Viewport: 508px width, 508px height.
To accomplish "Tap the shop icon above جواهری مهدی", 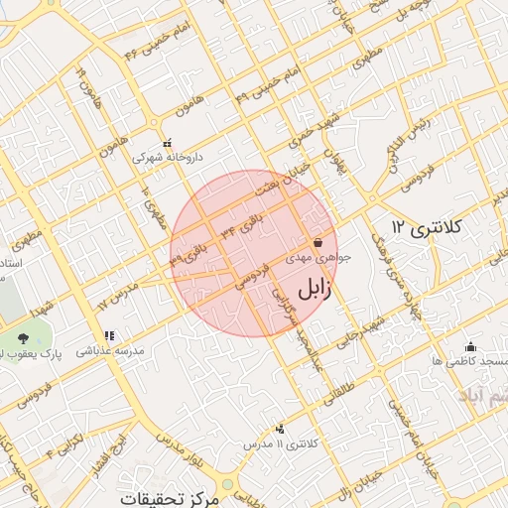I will click(x=317, y=242).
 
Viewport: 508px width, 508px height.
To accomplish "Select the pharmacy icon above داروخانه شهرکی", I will click(x=167, y=143).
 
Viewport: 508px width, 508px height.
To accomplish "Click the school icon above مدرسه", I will click(x=108, y=335).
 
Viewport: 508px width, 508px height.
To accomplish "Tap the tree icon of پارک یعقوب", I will click(x=23, y=338).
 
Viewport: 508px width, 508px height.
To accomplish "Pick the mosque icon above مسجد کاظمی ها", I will click(x=470, y=346).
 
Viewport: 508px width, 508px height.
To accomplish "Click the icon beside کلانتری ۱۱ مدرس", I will click(x=280, y=429).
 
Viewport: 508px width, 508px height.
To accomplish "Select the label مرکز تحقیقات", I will click(x=169, y=497).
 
